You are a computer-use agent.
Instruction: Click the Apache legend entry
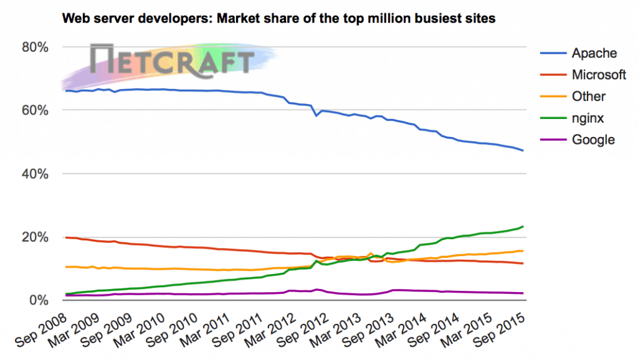pos(594,54)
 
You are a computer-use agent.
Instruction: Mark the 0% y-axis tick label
pos(39,300)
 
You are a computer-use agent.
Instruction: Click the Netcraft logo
pos(171,61)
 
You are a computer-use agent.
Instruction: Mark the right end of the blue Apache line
pos(523,151)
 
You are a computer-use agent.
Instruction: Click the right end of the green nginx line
pos(523,227)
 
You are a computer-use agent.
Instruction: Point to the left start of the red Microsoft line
pos(66,237)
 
